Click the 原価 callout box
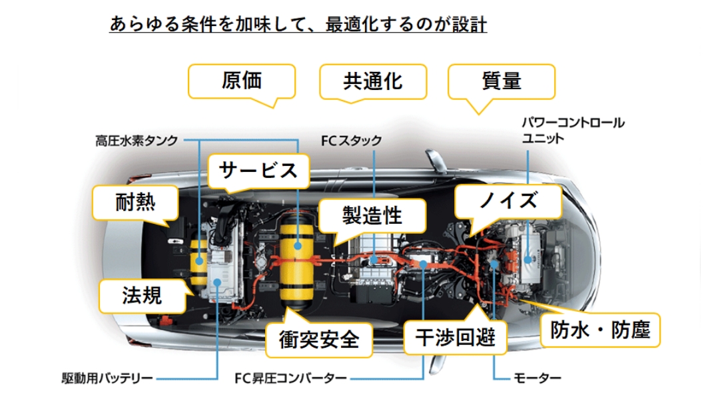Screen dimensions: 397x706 pyautogui.click(x=241, y=81)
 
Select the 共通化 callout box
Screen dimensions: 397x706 pyautogui.click(x=372, y=81)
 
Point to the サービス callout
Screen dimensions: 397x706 pyautogui.click(x=259, y=171)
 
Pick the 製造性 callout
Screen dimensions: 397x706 pyautogui.click(x=372, y=214)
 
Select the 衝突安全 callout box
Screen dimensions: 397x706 pyautogui.click(x=318, y=340)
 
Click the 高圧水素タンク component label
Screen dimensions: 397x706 pyautogui.click(x=136, y=141)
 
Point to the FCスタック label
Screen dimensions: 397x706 pyautogui.click(x=351, y=141)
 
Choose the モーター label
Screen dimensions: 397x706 pyautogui.click(x=537, y=379)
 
